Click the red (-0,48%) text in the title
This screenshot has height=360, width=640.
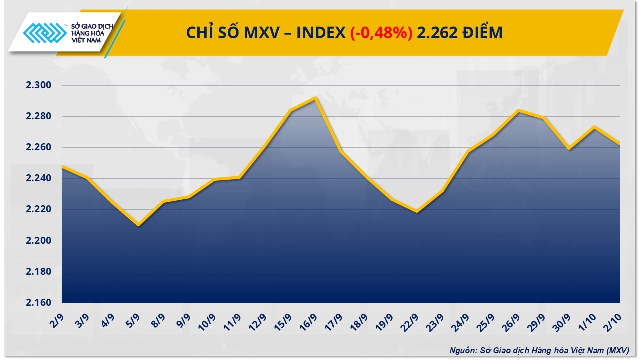pos(381,33)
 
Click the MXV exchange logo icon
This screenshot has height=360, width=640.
pos(45,34)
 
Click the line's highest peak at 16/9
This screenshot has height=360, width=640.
pos(315,98)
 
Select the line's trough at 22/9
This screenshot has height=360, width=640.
pos(417,212)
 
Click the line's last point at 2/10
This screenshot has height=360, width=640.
pos(619,144)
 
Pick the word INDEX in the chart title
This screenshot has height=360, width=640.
pos(320,33)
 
